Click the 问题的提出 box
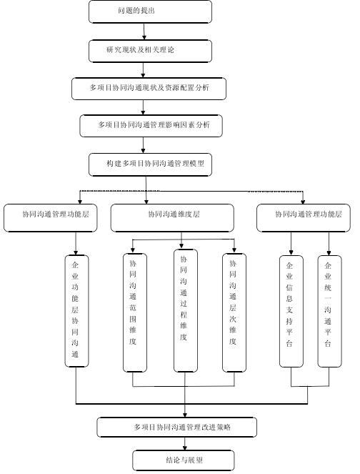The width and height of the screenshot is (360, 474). click(150, 11)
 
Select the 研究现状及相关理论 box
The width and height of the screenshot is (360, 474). click(150, 51)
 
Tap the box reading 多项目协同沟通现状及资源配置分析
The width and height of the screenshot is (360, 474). click(149, 89)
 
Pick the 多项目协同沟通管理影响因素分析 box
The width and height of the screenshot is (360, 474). click(151, 126)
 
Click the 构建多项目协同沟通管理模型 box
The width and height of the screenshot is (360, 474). click(150, 164)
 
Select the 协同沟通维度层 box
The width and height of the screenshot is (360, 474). click(172, 218)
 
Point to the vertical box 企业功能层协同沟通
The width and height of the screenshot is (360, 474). click(76, 311)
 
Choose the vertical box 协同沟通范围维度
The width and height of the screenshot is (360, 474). click(135, 312)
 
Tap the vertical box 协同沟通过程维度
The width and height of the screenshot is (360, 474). click(186, 310)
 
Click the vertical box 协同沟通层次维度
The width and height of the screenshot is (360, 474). click(234, 312)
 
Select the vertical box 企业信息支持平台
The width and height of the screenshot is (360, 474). click(291, 312)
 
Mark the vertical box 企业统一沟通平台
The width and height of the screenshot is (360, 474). click(329, 312)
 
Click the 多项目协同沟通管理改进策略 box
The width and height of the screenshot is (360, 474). click(176, 427)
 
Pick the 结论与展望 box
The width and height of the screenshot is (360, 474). click(184, 460)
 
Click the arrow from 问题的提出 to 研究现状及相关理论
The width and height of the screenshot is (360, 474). click(144, 31)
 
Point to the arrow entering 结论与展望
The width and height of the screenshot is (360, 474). click(185, 443)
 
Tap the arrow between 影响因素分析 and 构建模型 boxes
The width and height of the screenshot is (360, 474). click(143, 145)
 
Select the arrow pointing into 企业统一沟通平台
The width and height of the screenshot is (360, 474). click(329, 244)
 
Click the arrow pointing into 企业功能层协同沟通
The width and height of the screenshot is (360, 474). click(76, 243)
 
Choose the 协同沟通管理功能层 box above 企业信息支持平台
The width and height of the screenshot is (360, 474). click(304, 218)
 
